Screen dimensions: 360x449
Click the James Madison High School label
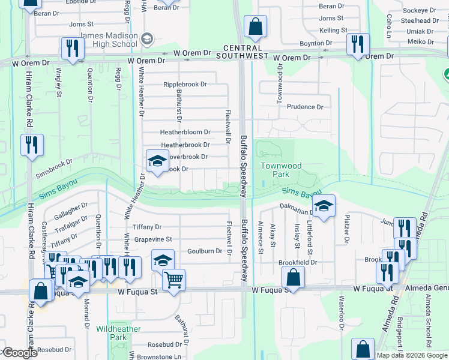109,40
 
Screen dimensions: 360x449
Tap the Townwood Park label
280,169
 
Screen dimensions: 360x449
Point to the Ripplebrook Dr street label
185,85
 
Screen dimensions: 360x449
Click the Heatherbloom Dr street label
185,132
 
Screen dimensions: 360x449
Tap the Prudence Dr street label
305,107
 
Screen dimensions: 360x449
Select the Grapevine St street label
152,239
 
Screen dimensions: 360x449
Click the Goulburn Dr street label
209,251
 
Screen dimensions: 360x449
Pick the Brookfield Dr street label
297,263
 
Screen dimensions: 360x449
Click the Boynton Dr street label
316,43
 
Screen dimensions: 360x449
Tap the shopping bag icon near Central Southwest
255,27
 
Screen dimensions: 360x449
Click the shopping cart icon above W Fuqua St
173,279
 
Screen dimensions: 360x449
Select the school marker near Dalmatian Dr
324,207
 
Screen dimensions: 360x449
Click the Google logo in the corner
19,353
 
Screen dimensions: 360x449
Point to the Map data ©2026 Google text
412,355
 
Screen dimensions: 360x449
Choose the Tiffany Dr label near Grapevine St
147,227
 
